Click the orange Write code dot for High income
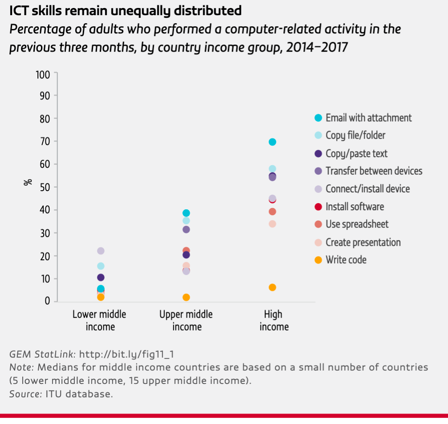coord(273,287)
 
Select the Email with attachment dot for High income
coord(273,142)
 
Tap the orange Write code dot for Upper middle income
coord(186,297)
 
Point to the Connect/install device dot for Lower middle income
coord(101,251)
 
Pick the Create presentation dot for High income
coord(273,224)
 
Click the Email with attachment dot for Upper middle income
coord(186,213)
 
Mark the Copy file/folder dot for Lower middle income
coord(101,266)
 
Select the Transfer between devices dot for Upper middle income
coord(186,229)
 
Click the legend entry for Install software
coord(354,207)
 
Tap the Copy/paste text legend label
coord(356,154)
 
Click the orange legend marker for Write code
coord(318,260)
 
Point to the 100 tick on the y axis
coord(44,73)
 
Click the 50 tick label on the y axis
coord(45,187)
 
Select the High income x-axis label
coord(273,320)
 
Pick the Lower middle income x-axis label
coord(99,320)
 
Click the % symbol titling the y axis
coord(29,182)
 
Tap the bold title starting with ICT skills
coord(126,10)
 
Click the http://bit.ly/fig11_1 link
coord(126,355)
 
